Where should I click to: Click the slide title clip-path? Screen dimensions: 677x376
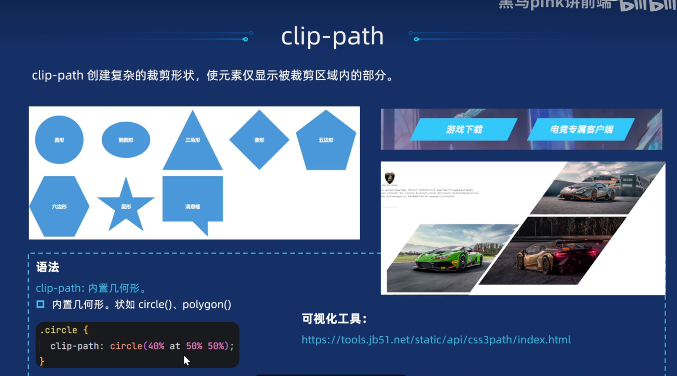332,36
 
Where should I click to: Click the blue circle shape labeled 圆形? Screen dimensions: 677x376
59,140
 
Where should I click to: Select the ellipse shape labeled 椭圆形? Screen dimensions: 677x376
126,140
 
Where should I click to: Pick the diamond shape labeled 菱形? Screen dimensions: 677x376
259,140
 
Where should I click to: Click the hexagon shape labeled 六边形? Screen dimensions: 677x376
59,206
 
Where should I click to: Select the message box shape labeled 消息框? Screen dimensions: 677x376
193,200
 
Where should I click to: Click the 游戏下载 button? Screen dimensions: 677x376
464,129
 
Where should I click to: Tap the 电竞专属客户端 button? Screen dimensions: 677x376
581,129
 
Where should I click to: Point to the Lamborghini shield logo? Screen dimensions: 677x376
389,178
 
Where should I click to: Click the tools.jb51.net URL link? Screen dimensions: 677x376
436,340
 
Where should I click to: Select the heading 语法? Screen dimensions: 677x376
48,267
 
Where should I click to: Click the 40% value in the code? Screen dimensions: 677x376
156,346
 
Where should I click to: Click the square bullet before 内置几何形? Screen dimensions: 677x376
40,304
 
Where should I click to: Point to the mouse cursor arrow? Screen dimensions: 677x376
186,360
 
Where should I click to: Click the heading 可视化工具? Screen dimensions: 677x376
334,319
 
